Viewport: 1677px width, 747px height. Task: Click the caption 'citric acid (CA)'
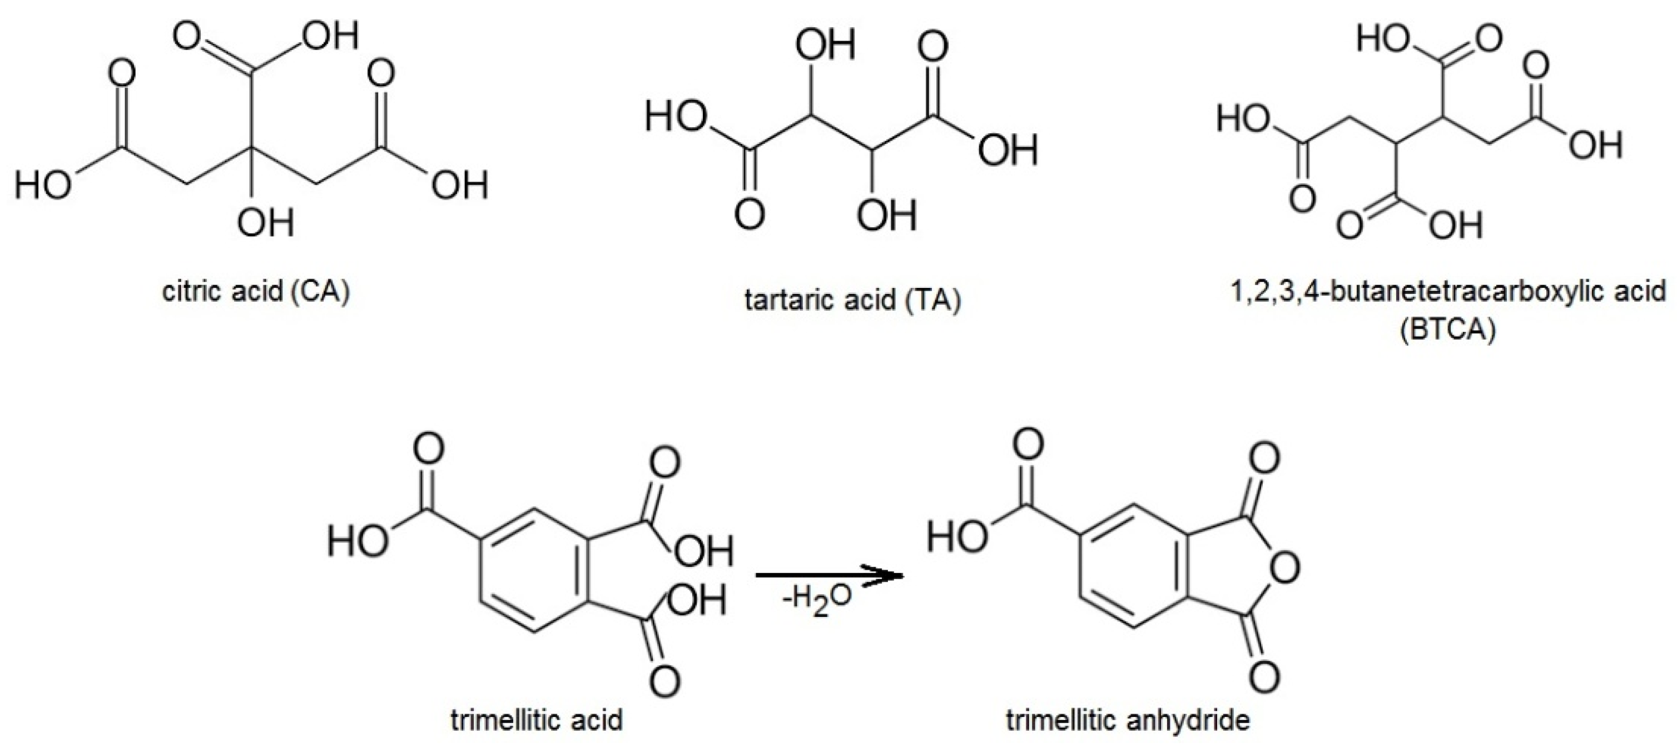pyautogui.click(x=256, y=292)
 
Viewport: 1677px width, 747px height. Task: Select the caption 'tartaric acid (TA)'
pyautogui.click(x=853, y=301)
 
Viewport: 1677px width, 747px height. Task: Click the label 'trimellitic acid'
pyautogui.click(x=537, y=720)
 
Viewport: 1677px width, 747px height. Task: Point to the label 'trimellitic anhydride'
pyautogui.click(x=1128, y=720)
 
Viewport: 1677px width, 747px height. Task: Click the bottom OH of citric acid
pyautogui.click(x=266, y=224)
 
